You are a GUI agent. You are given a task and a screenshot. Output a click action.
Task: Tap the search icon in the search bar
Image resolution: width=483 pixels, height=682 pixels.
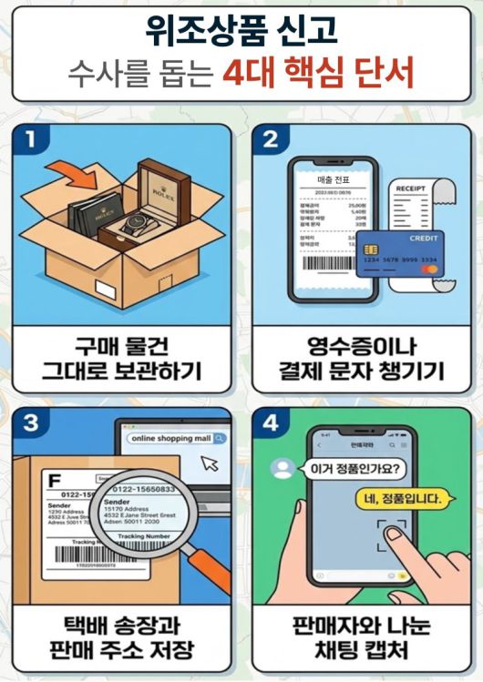pos(219,439)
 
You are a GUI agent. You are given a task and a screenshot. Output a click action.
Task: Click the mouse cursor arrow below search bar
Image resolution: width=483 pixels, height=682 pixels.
pos(211,463)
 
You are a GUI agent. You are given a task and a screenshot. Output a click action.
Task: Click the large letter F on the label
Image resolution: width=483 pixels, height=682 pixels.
pos(54,477)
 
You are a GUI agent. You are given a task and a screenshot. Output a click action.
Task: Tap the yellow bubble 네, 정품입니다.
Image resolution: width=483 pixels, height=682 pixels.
pos(399,499)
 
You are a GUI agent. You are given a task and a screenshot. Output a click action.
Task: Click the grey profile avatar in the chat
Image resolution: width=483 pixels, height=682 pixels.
pos(284,469)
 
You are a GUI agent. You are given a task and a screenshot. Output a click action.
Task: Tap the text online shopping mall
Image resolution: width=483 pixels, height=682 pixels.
pos(170,439)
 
